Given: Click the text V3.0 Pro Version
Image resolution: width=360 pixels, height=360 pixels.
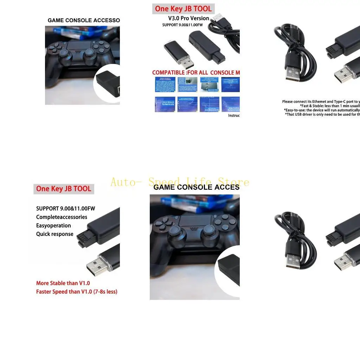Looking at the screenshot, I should [188, 18].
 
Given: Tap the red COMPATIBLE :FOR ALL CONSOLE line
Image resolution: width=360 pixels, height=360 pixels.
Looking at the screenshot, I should [196, 72].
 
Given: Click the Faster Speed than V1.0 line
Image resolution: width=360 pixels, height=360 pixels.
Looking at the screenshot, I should [77, 291].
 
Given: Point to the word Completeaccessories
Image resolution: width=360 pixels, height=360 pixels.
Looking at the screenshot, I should [62, 217].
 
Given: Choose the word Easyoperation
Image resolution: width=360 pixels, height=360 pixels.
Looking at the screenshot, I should [53, 225].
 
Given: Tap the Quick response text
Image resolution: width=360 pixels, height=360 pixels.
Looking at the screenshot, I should [55, 234].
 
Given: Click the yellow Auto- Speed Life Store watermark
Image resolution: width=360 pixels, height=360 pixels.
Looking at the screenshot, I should [180, 182].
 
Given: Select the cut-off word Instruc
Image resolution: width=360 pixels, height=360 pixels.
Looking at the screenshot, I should [234, 115].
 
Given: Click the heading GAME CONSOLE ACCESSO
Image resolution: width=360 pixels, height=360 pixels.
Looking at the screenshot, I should [84, 20].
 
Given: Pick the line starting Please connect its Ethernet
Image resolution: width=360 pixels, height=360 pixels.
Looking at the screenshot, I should [321, 102].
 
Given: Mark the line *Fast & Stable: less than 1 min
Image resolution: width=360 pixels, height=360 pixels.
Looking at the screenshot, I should [329, 106].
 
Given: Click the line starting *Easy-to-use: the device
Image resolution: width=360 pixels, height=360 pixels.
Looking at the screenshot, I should [322, 110].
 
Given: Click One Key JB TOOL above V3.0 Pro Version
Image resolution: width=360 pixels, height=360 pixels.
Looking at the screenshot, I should [183, 9].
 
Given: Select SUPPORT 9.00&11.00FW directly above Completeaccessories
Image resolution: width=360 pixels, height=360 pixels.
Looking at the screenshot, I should [65, 208].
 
